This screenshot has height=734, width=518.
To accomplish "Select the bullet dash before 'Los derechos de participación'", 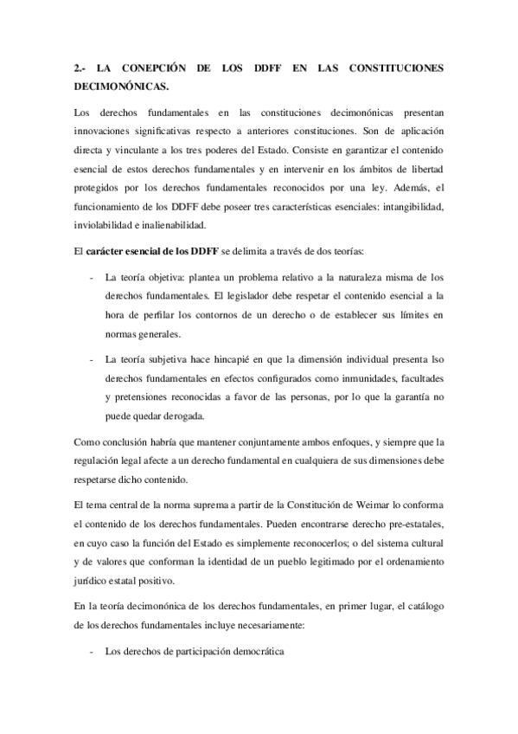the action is click(92, 652).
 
